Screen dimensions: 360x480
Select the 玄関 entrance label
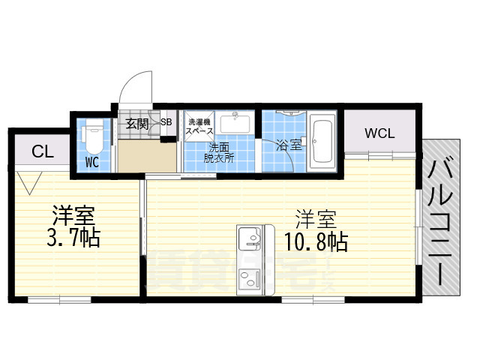(136, 123)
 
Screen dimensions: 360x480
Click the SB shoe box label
(166, 122)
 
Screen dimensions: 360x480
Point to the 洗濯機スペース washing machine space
(200, 126)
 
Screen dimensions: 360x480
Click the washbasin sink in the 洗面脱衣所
(238, 123)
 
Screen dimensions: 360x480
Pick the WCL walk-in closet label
(379, 133)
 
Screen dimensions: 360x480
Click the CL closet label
(42, 152)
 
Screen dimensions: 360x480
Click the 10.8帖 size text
(316, 241)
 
